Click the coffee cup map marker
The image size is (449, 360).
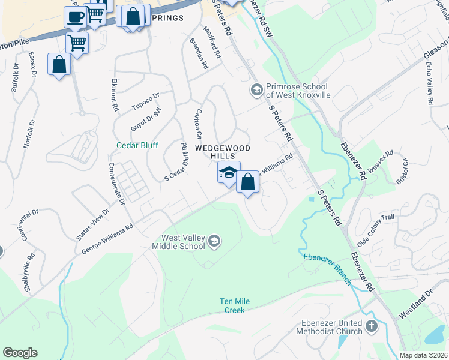tap(75, 17)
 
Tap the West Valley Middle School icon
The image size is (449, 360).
tap(214, 242)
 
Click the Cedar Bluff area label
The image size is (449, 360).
tap(136, 145)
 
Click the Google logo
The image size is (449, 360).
tap(20, 353)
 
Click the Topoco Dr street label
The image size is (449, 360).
tap(146, 101)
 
